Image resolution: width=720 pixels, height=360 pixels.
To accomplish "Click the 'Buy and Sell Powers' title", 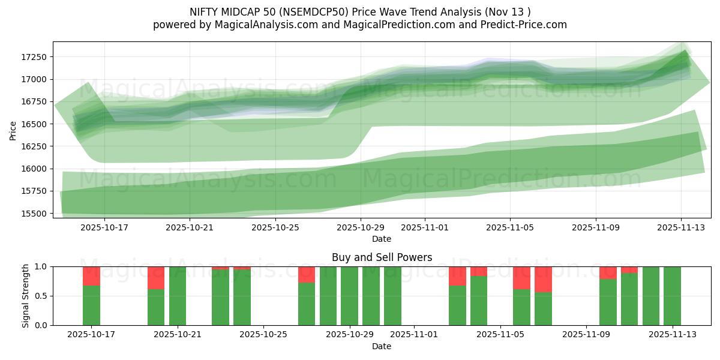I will [x=382, y=257].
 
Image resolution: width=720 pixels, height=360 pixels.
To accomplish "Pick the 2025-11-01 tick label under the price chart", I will [x=425, y=228].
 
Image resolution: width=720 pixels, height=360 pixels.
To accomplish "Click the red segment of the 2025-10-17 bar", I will [x=91, y=276].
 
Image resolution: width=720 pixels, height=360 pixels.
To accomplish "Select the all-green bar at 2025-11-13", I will [x=672, y=296].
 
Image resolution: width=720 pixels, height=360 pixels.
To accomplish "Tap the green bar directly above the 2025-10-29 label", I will [x=349, y=296].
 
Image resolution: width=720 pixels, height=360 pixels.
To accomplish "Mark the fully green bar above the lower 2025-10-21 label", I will [x=178, y=296].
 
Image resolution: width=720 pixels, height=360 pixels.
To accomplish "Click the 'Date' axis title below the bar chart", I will [x=382, y=346].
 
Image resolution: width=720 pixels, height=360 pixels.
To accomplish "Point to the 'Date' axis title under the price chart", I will [x=382, y=239].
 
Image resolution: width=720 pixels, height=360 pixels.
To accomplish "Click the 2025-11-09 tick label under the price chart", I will [x=596, y=228].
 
